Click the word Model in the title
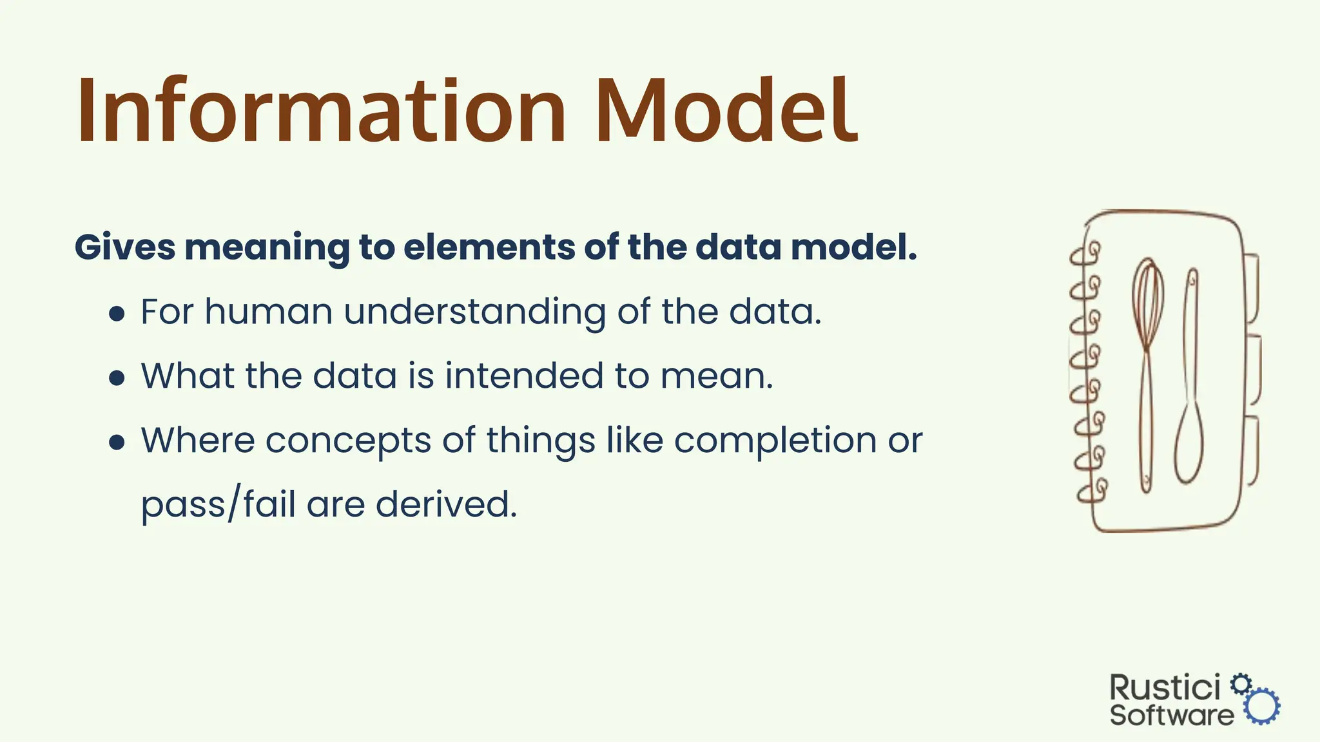(725, 111)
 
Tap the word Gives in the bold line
(124, 247)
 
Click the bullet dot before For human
(117, 314)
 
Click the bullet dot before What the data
(117, 377)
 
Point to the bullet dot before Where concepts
(117, 442)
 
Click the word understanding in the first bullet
(474, 312)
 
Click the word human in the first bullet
(269, 312)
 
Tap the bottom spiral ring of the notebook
(1092, 491)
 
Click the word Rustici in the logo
(1165, 688)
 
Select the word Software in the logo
(1171, 716)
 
